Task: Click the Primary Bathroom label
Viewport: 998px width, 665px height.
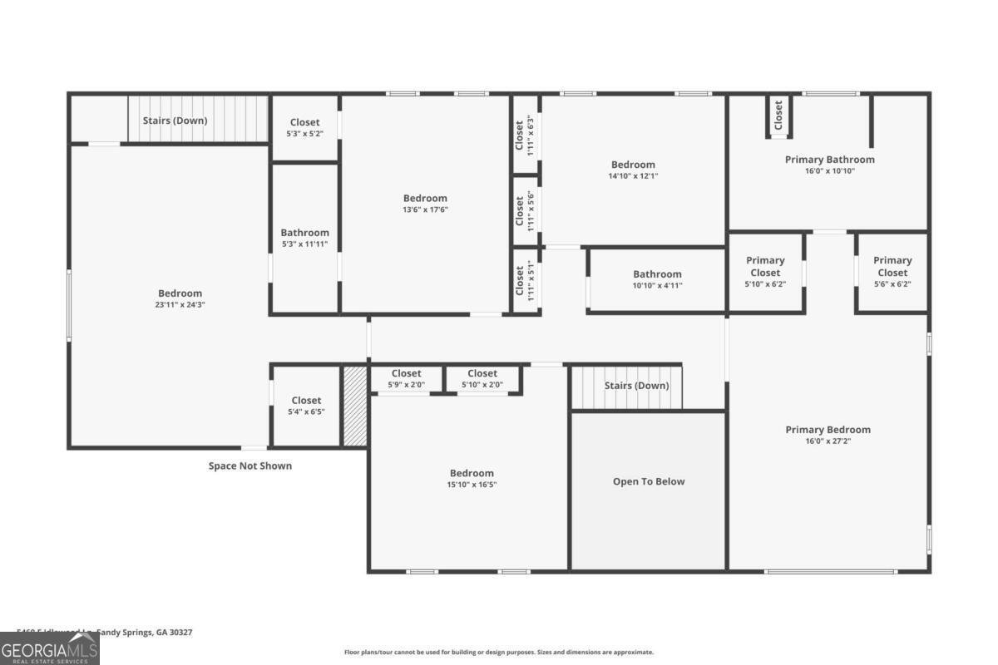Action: pos(829,160)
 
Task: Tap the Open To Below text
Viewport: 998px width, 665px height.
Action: pos(649,481)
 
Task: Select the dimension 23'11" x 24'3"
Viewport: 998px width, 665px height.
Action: pos(180,305)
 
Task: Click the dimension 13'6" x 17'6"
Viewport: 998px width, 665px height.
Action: pos(425,210)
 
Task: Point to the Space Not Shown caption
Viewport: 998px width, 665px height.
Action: pos(249,466)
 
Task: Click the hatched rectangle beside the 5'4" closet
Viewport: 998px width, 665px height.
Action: pos(355,406)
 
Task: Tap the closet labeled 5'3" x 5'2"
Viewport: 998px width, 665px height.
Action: pos(304,128)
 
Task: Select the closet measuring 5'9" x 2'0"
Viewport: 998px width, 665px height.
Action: pos(406,379)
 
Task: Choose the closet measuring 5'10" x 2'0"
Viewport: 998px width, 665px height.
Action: pos(482,379)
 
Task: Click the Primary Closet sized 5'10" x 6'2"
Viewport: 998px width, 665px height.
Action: pos(765,272)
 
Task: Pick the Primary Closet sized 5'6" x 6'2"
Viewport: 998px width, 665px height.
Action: pos(892,272)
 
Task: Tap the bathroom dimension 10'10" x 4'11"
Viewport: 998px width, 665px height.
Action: pos(657,286)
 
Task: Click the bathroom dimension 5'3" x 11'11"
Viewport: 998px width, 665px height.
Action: pos(304,244)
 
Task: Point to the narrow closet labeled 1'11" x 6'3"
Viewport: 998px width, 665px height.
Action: pos(524,135)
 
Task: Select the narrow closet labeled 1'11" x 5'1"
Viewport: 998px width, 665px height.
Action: pos(524,281)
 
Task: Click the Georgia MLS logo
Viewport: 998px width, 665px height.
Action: pos(50,648)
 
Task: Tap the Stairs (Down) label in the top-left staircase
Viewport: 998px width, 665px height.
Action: pos(175,121)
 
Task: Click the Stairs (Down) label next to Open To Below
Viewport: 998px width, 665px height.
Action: pos(636,386)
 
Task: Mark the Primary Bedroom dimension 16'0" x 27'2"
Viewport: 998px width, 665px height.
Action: pos(828,441)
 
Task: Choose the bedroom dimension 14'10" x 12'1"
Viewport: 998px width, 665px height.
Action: pos(633,176)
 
